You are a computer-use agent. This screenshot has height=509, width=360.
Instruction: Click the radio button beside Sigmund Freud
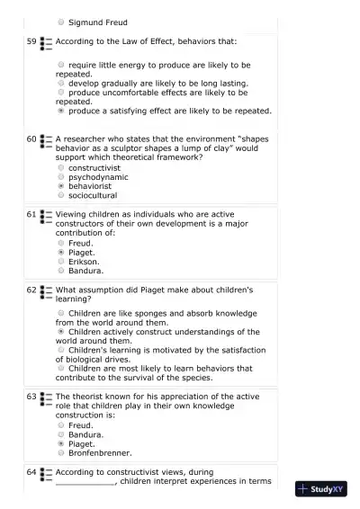tap(60, 22)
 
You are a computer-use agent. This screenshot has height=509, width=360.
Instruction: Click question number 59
tap(31, 41)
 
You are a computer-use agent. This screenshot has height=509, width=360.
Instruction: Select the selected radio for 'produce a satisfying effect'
tap(60, 112)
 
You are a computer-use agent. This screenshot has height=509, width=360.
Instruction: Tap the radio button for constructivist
tap(60, 168)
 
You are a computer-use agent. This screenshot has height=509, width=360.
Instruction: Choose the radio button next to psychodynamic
tap(60, 177)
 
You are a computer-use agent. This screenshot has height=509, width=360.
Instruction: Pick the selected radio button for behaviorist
tap(60, 186)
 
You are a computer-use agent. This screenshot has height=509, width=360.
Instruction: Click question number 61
tap(31, 215)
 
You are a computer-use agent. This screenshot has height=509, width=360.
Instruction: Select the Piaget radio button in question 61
tap(60, 253)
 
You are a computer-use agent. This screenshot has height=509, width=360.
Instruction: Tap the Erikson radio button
tap(60, 262)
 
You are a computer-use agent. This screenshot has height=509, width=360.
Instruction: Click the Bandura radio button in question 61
tap(60, 271)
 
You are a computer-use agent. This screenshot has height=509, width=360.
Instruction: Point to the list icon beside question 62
tap(47, 291)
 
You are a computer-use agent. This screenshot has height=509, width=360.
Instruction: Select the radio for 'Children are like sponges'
tap(60, 313)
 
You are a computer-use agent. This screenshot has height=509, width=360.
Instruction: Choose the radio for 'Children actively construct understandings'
tap(60, 332)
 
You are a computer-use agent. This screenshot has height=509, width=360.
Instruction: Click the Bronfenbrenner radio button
tap(60, 453)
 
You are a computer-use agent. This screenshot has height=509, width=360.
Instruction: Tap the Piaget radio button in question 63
tap(60, 444)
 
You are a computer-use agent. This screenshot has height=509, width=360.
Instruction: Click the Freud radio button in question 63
tap(60, 426)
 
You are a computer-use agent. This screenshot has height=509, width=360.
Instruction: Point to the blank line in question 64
tap(85, 481)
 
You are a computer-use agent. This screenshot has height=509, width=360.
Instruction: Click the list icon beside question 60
tap(47, 141)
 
